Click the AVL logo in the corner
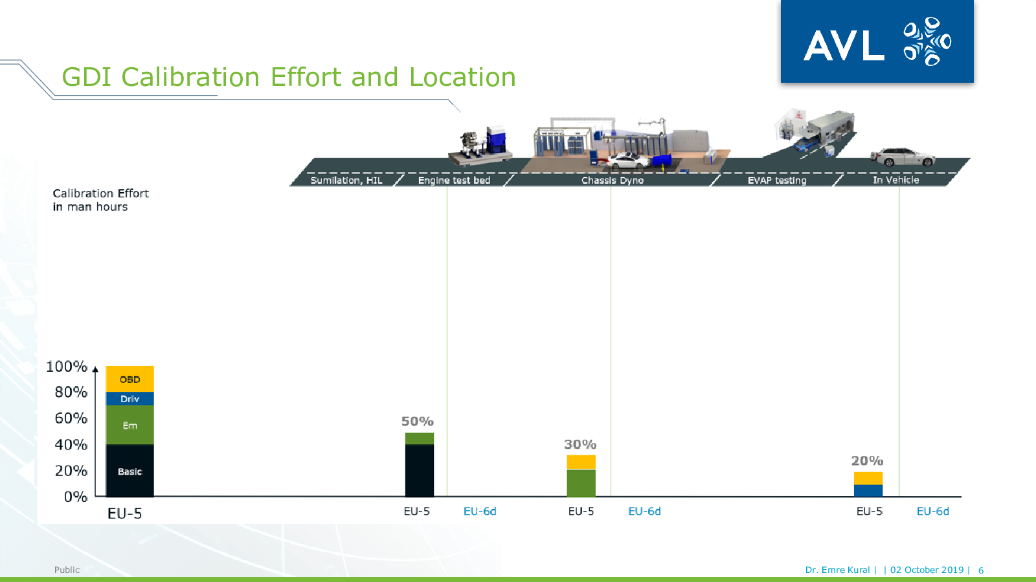tap(877, 41)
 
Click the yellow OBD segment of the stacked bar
tap(130, 379)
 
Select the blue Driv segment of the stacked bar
tap(130, 398)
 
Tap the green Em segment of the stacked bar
tap(130, 425)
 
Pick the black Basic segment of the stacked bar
tap(130, 471)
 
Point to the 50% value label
tap(417, 421)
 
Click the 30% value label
tap(580, 444)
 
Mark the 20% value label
tap(867, 460)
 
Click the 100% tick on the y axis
tap(67, 367)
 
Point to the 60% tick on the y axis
tap(71, 418)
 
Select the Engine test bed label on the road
tap(454, 180)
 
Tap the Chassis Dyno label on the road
tap(613, 180)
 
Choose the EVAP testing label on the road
tap(777, 180)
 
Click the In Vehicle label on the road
tap(896, 180)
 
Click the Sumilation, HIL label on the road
tap(346, 180)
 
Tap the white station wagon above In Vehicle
tap(903, 157)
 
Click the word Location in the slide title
tap(462, 77)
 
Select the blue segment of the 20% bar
tap(868, 491)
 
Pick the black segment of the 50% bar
tap(420, 471)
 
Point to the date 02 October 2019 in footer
tap(927, 570)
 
